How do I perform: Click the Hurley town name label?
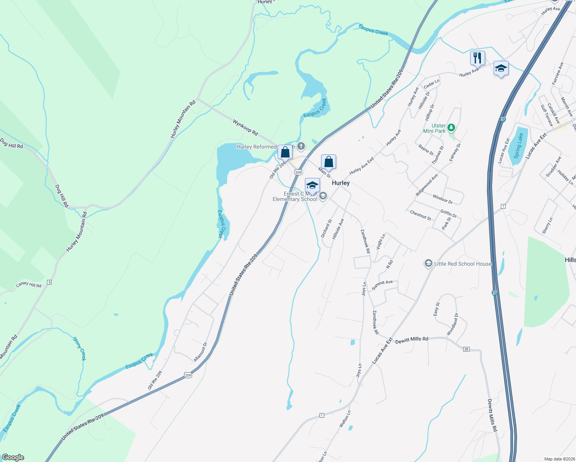click(x=341, y=183)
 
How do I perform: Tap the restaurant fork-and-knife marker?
click(x=477, y=58)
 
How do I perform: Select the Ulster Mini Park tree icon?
click(x=452, y=127)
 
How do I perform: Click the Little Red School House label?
click(x=462, y=264)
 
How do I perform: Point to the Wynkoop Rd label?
click(x=245, y=127)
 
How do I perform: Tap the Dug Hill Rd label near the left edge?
click(x=12, y=144)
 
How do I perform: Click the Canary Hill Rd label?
click(x=29, y=285)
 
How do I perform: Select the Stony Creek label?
click(x=80, y=348)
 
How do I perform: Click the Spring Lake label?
click(x=518, y=146)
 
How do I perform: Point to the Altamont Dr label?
click(x=201, y=352)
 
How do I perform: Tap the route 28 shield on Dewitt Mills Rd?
click(x=466, y=349)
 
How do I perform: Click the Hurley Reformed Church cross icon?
click(x=301, y=146)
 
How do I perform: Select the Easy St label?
click(x=436, y=309)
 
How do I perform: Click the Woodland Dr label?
click(x=452, y=324)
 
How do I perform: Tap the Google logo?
click(x=13, y=457)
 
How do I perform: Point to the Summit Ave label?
click(x=382, y=285)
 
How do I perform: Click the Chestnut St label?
click(x=420, y=215)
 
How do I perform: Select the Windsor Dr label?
click(x=443, y=199)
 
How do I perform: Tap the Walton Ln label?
click(x=345, y=419)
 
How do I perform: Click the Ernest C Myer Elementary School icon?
click(x=323, y=196)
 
